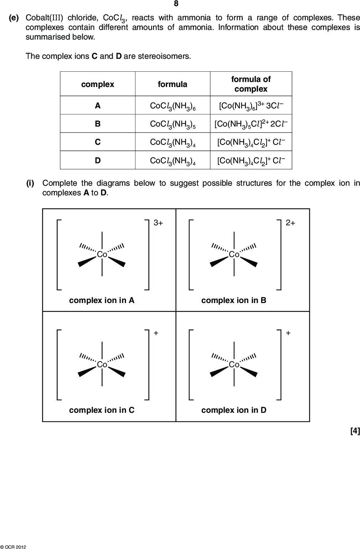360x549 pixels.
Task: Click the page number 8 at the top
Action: point(176,4)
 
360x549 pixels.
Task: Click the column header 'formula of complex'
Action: point(251,84)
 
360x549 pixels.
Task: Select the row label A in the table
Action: point(98,106)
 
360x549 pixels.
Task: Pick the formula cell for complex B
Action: point(173,124)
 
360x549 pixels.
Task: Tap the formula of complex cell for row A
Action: point(251,106)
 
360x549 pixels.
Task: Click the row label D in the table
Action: point(98,160)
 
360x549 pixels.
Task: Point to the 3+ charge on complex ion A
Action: point(158,222)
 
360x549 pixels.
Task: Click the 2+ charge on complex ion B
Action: point(290,222)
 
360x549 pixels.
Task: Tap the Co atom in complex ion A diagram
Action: point(102,255)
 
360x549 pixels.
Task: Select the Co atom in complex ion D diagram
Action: point(234,364)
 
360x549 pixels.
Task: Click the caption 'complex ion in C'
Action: point(102,410)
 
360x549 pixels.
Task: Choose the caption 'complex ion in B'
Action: point(234,300)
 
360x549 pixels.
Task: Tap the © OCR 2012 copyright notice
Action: point(13,547)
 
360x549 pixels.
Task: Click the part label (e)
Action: point(14,18)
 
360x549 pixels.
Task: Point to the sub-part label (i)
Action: point(30,183)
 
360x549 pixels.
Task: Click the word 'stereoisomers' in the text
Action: point(164,56)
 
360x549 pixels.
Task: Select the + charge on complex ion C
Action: point(156,333)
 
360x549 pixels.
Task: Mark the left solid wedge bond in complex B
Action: point(219,261)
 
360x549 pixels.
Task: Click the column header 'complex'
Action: point(98,84)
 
